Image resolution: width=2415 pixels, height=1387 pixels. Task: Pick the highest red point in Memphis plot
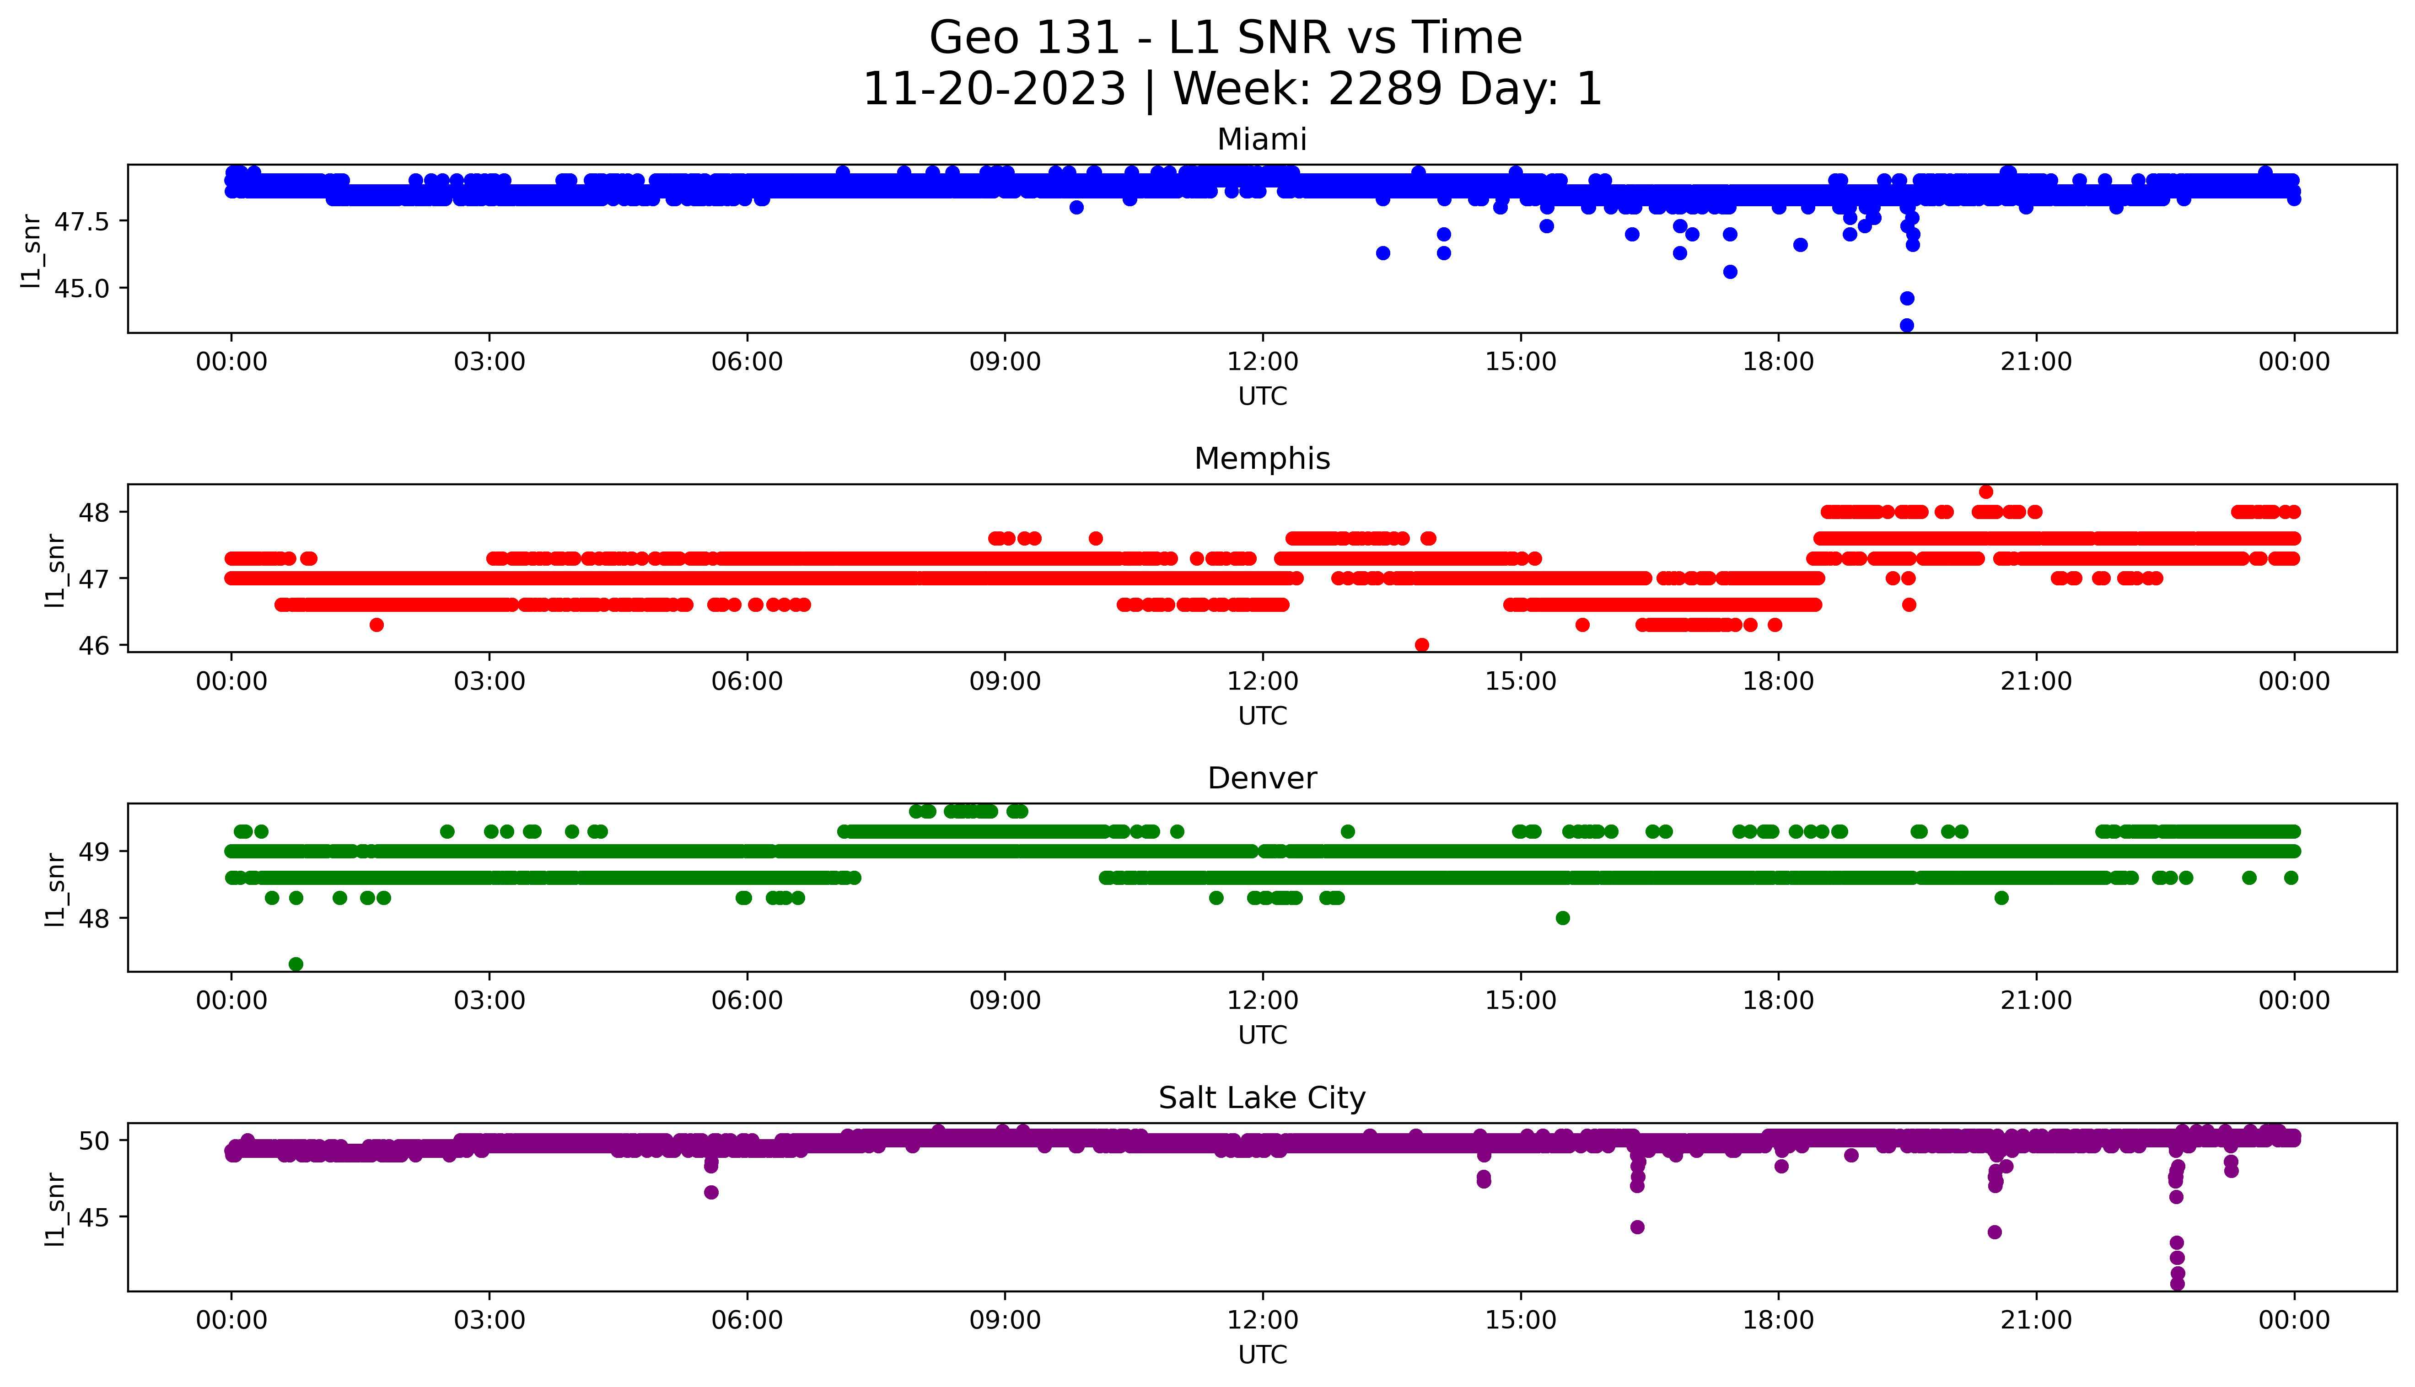click(1985, 492)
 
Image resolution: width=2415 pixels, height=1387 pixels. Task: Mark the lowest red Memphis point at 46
click(1421, 645)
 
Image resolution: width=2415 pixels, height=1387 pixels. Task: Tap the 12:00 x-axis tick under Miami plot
click(1262, 362)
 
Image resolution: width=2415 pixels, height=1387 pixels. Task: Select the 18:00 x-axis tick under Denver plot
click(1778, 1001)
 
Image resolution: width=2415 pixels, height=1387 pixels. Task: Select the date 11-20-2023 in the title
click(994, 90)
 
